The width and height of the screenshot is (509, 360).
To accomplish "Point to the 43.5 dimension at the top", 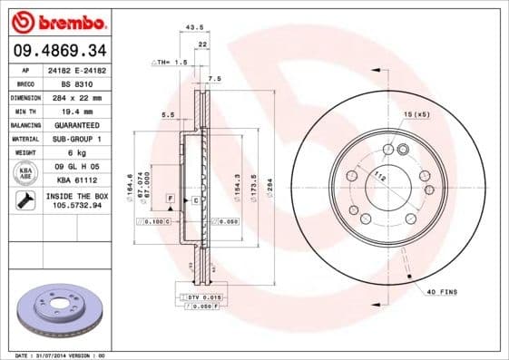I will tap(192, 27).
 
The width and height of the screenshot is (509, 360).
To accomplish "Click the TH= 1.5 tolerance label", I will tap(170, 63).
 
